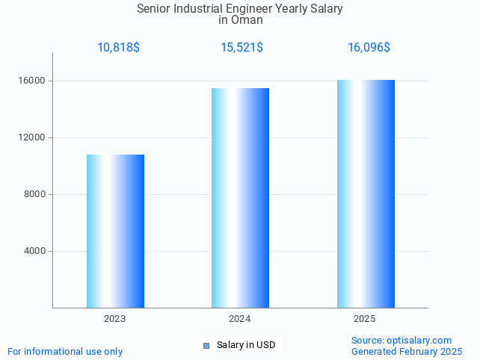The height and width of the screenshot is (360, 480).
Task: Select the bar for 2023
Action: click(115, 231)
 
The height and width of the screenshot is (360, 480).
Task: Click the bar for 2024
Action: click(240, 198)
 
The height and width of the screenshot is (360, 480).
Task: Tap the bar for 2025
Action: click(366, 193)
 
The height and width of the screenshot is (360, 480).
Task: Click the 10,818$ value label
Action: click(118, 48)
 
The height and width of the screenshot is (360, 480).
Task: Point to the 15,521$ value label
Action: click(241, 48)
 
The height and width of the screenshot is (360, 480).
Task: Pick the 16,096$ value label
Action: click(369, 48)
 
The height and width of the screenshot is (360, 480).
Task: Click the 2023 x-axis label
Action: click(114, 319)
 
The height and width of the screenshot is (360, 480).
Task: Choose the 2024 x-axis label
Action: click(240, 319)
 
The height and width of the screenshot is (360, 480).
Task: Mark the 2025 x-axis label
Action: click(365, 319)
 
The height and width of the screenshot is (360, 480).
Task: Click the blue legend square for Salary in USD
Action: click(206, 345)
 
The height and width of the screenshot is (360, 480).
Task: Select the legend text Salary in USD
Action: click(246, 345)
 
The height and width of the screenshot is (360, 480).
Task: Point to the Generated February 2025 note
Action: click(407, 352)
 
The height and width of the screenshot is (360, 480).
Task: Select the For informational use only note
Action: click(65, 352)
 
